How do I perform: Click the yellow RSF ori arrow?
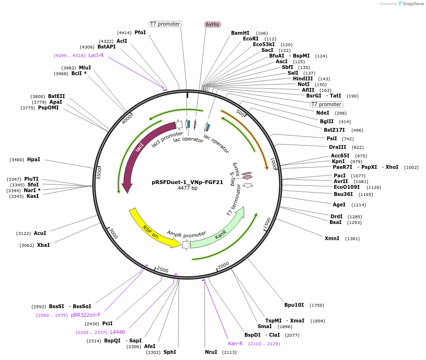[151, 229]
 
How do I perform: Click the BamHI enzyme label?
[240, 33]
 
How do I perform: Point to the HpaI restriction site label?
[33, 159]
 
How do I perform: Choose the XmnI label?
[332, 238]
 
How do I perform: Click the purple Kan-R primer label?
[235, 343]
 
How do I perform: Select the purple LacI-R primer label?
[96, 55]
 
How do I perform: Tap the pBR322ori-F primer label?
[86, 315]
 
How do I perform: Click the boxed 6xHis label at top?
[213, 24]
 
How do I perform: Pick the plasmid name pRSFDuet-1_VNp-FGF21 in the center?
[187, 182]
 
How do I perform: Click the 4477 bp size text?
[187, 188]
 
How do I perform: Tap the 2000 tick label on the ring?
[223, 265]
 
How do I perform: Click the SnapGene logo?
[410, 4]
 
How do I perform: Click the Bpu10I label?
[294, 305]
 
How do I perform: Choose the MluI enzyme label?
[85, 68]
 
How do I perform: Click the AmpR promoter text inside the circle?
[186, 234]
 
